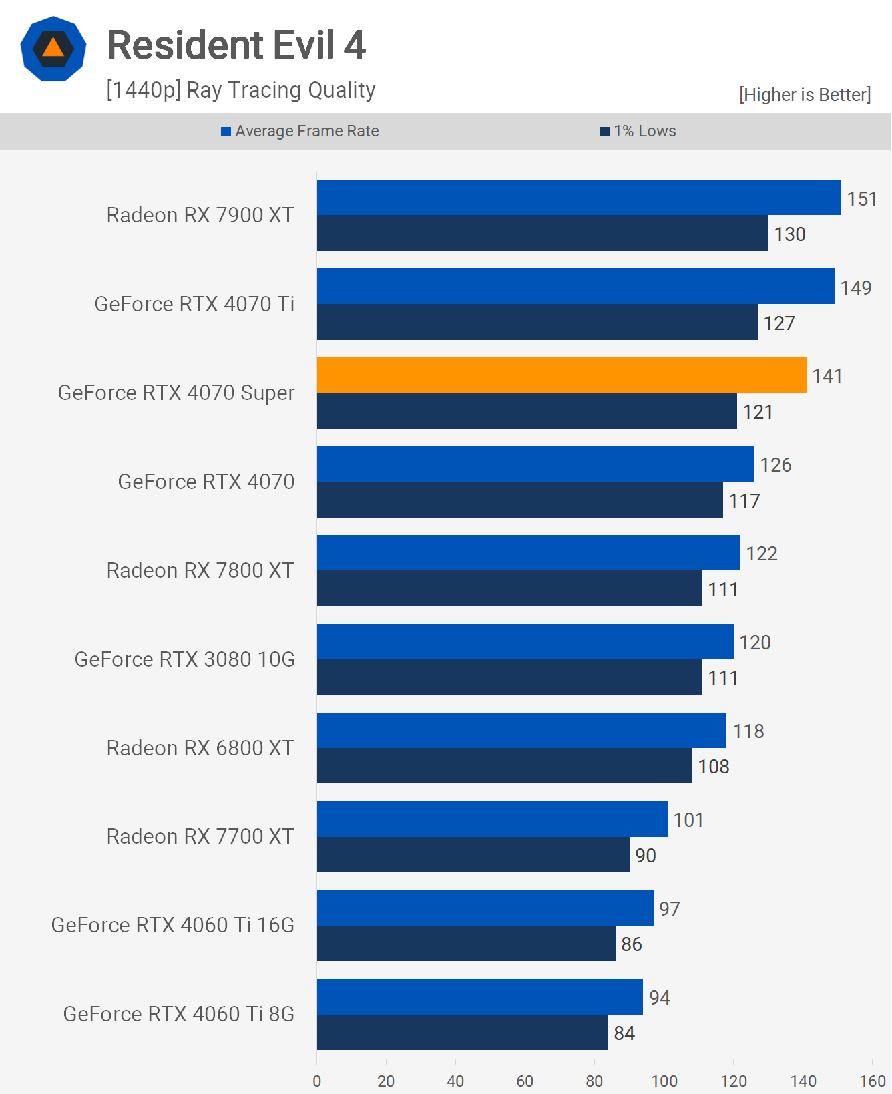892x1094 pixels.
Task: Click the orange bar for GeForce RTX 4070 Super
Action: click(561, 375)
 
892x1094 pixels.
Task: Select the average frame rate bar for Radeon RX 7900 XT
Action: click(578, 198)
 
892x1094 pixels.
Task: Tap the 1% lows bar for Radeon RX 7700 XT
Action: click(473, 855)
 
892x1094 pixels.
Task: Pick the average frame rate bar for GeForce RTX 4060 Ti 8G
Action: click(479, 997)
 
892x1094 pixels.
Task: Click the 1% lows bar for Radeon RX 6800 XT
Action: click(504, 766)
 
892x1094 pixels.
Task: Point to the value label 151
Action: click(861, 199)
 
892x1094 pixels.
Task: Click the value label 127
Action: click(778, 323)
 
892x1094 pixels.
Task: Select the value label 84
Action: click(624, 1033)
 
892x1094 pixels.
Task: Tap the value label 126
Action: click(775, 465)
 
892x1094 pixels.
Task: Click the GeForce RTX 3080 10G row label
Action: click(184, 659)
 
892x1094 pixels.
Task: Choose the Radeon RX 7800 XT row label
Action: click(200, 570)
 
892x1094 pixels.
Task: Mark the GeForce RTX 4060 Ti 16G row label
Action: click(173, 925)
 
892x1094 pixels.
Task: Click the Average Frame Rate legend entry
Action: click(300, 131)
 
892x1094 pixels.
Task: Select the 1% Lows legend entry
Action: click(638, 131)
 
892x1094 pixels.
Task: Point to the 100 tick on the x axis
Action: click(664, 1081)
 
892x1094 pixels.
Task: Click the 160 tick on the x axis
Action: click(872, 1081)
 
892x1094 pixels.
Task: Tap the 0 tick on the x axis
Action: click(317, 1081)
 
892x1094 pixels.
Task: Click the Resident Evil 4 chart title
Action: click(236, 45)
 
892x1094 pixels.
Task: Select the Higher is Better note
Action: click(805, 95)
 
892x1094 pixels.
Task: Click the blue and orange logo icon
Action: click(53, 49)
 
